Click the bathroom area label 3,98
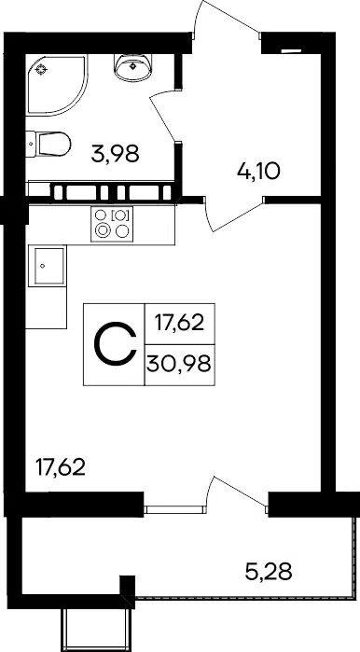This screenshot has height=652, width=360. click(x=115, y=155)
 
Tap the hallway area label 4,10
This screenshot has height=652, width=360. click(x=258, y=171)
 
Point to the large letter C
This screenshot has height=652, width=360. click(x=116, y=345)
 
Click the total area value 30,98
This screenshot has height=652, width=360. click(x=179, y=365)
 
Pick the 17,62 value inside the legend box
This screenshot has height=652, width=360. click(x=180, y=323)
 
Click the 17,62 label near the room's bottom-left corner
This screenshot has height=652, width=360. click(x=61, y=468)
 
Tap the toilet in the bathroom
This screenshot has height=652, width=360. click(x=48, y=145)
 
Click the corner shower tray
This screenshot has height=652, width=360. click(x=58, y=85)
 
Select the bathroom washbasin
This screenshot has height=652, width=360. click(x=133, y=67)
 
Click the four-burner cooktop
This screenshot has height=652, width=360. click(x=112, y=224)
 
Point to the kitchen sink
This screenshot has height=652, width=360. click(x=47, y=266)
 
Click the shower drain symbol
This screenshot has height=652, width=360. click(x=41, y=69)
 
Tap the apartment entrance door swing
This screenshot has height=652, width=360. click(x=227, y=19)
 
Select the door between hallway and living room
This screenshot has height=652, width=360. click(x=234, y=215)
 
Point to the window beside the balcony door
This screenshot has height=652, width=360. click(x=174, y=509)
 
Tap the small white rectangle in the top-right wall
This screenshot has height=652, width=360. click(x=291, y=51)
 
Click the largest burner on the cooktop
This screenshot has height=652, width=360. click(x=101, y=230)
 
